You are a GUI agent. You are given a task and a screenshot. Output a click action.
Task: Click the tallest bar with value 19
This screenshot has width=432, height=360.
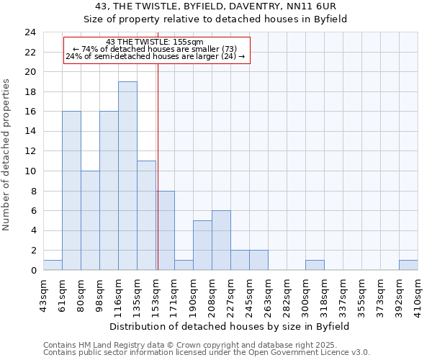point(127,176)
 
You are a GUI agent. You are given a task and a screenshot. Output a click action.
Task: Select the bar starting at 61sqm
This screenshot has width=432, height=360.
point(71,191)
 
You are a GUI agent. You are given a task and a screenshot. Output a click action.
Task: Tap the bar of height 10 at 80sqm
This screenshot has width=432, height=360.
point(90,220)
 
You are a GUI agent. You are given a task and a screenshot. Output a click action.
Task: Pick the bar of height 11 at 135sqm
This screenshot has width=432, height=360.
point(146,215)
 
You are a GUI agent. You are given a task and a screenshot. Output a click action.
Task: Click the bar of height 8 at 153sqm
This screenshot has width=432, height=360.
point(166,230)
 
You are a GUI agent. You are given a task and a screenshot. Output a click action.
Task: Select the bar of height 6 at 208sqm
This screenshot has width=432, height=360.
point(221,240)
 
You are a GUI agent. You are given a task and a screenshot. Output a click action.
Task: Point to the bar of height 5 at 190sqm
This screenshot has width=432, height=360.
point(202,246)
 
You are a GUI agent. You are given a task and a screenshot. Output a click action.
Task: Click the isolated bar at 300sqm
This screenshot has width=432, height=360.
point(315,265)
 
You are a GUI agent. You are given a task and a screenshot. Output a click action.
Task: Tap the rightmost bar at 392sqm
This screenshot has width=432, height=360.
point(408,265)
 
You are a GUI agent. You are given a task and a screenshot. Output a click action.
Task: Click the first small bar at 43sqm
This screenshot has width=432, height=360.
point(53,265)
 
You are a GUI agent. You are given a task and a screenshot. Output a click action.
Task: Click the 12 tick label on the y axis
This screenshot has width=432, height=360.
point(30,151)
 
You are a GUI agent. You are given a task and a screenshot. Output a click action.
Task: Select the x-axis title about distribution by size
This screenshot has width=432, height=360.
point(230,326)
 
